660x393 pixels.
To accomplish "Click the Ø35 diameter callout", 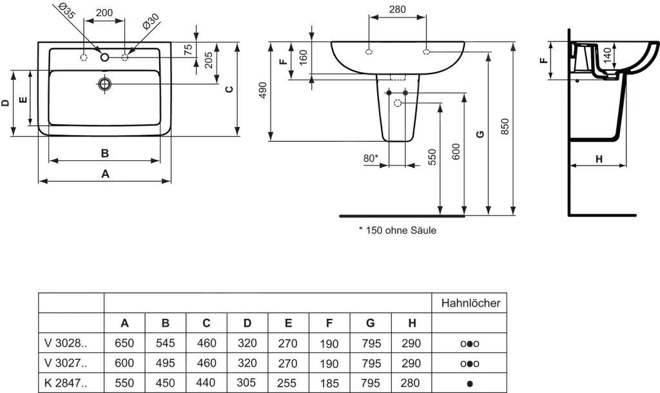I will point(67,10).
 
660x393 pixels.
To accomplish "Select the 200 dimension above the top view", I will point(104,13).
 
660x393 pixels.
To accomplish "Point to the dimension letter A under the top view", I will point(104,173).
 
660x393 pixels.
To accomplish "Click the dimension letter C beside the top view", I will point(228,89).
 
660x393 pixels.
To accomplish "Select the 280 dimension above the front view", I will point(397,10).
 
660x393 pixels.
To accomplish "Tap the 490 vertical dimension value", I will point(262,91).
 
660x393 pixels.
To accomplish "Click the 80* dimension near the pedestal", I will point(371,158).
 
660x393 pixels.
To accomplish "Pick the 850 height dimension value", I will point(505,126).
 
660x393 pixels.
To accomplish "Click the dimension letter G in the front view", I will point(479,133).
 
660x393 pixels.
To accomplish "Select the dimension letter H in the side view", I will point(598,158).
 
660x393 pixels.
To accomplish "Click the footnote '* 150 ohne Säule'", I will point(397,230).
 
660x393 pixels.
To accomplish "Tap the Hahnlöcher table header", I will point(470,303).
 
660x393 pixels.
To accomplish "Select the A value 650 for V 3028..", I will point(124,343).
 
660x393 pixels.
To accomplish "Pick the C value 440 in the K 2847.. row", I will point(206,383).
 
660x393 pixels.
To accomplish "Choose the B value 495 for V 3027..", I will point(166,363).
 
